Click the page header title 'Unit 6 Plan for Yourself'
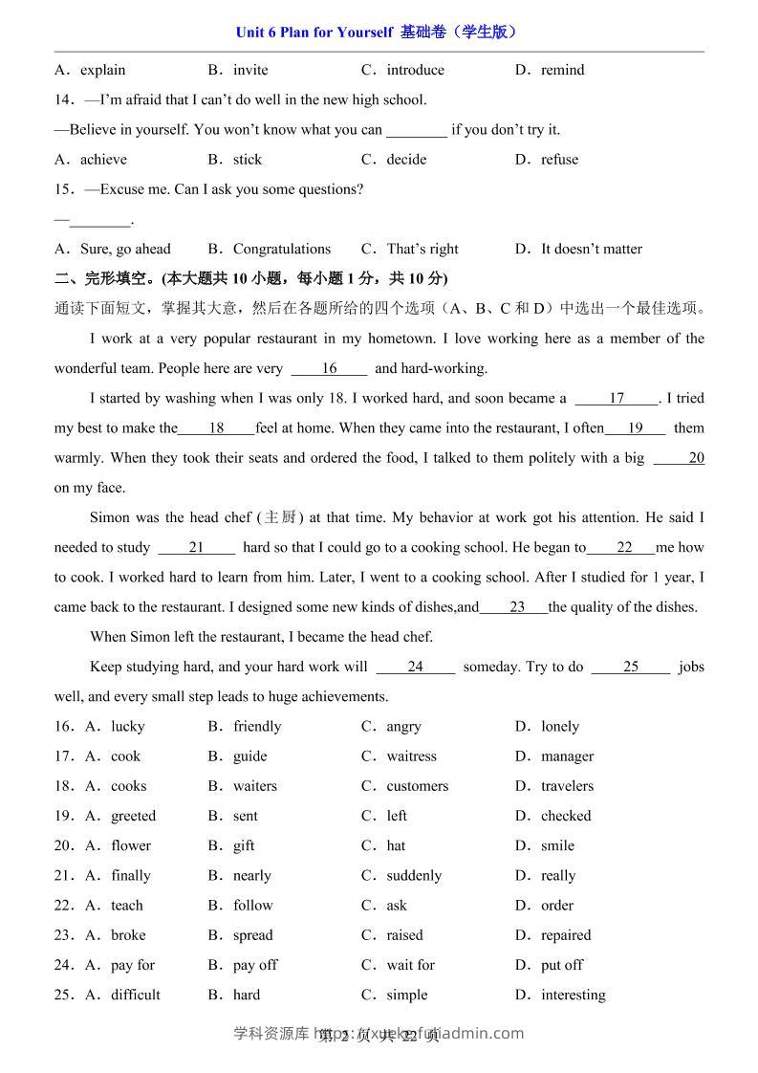point(314,32)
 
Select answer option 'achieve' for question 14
point(103,160)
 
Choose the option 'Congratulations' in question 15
point(282,249)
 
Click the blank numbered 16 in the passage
point(329,368)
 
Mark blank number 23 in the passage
point(516,607)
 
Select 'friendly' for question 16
point(257,727)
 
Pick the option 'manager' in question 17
point(567,756)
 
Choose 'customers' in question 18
point(417,786)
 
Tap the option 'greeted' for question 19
point(133,816)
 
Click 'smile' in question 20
point(557,845)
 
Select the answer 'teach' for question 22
point(126,906)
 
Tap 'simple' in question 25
point(407,995)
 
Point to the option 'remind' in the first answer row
point(562,70)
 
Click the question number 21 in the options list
point(64,876)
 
